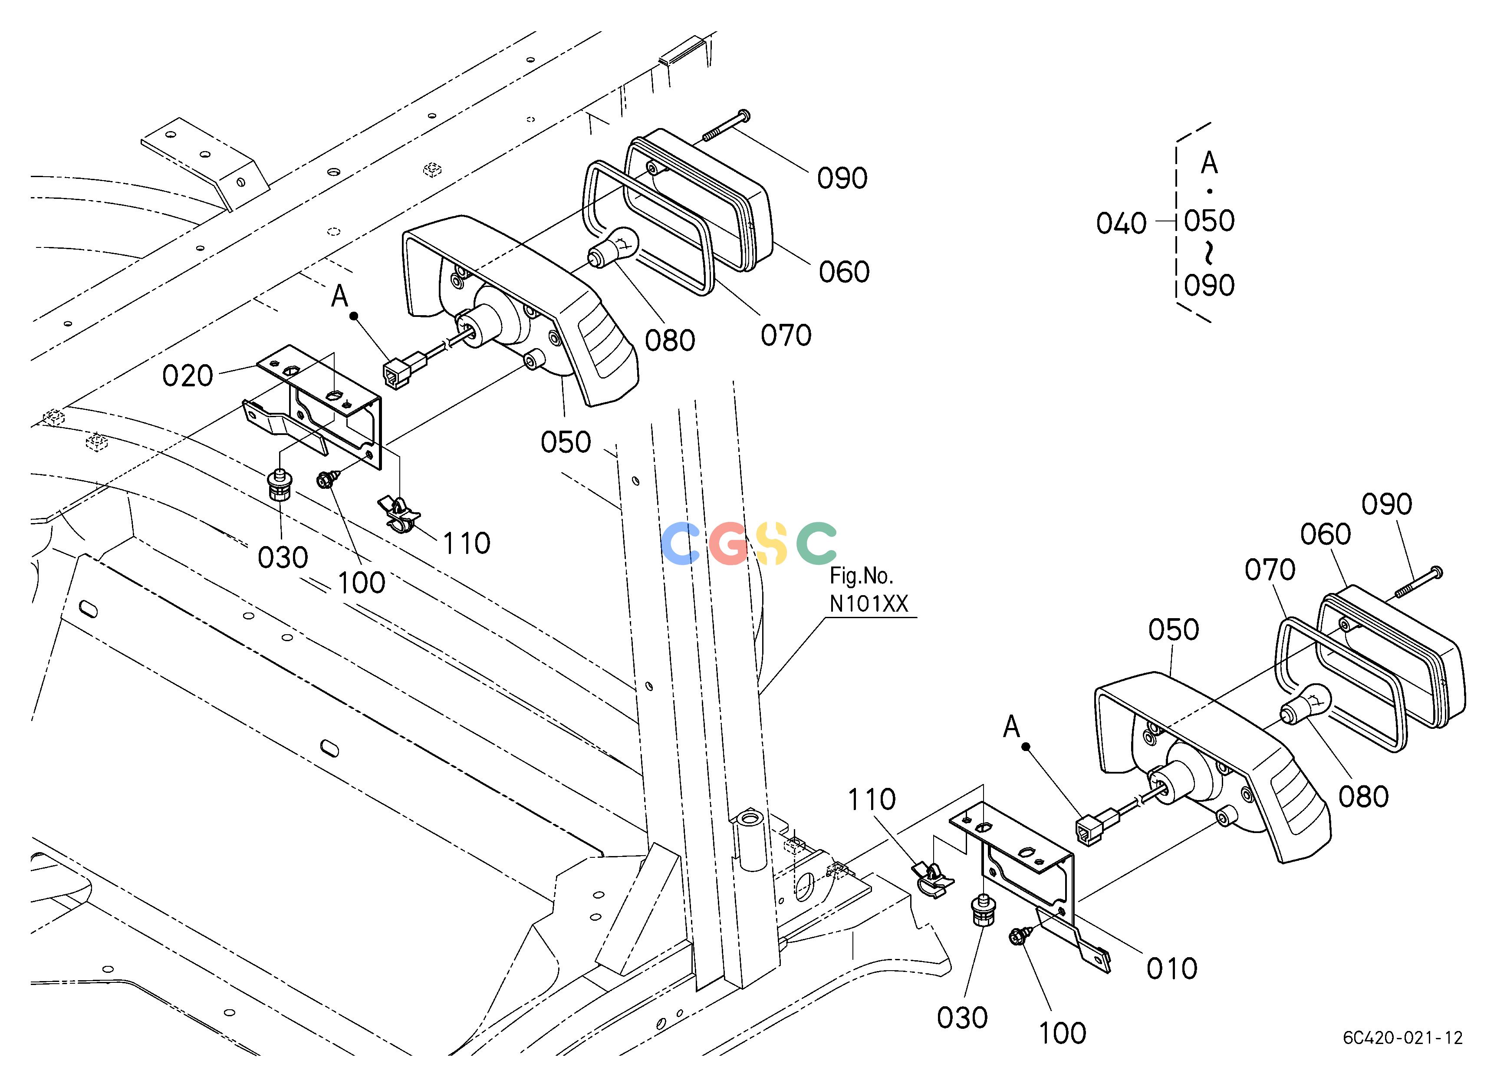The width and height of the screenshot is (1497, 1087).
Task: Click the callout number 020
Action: click(188, 376)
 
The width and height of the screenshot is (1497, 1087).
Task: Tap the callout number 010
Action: click(1171, 969)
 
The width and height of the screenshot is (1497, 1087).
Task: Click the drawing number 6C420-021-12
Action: click(1403, 1038)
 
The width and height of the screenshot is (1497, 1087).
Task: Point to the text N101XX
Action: click(869, 604)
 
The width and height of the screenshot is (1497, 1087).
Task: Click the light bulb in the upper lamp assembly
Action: click(612, 247)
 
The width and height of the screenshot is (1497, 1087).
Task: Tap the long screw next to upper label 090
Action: click(726, 125)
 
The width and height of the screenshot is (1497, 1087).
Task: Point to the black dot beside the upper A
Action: click(354, 316)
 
